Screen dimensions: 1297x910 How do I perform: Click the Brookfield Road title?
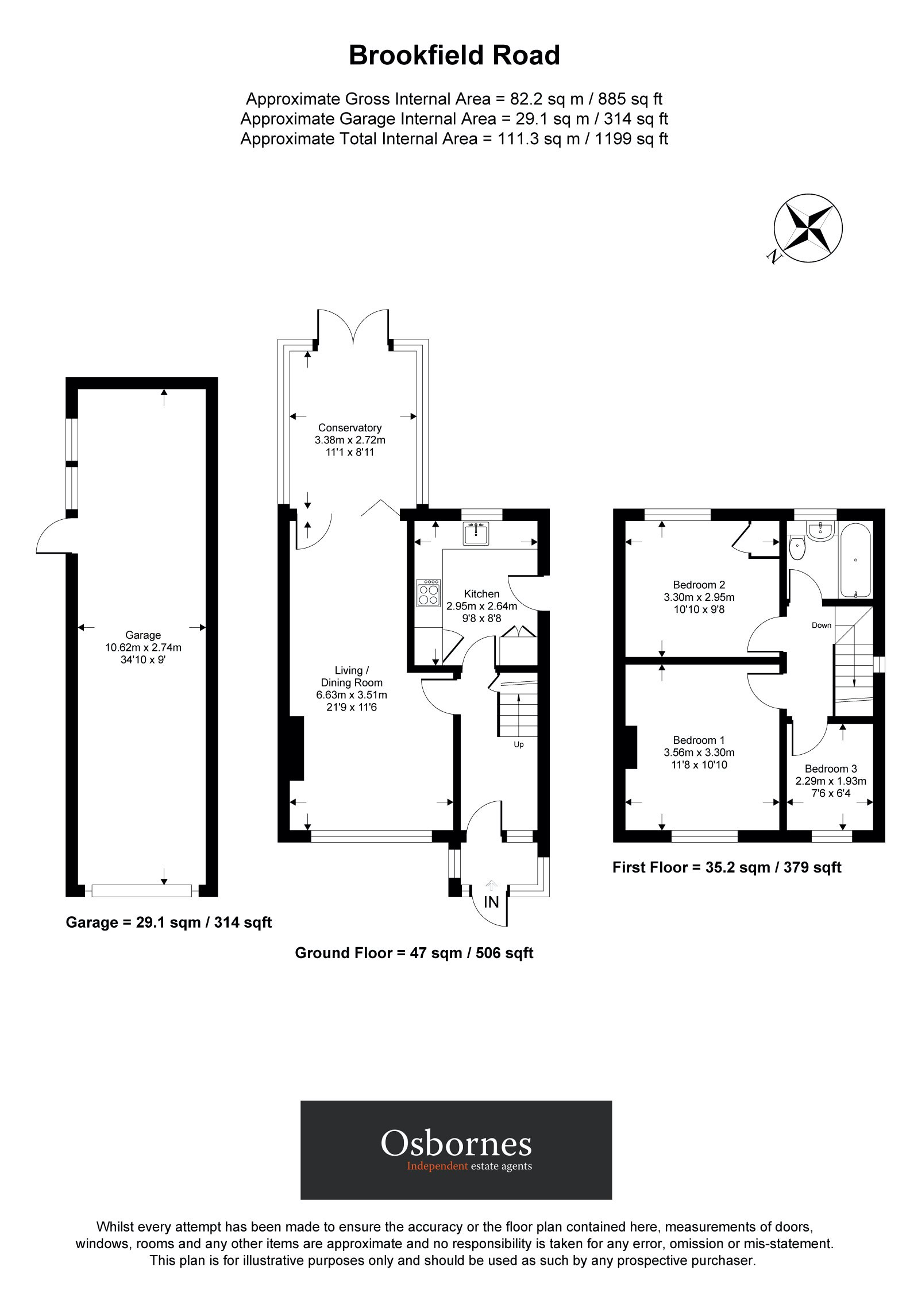[x=454, y=56]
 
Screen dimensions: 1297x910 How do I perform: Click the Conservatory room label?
[x=350, y=428]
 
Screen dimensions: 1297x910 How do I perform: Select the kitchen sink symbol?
[x=476, y=534]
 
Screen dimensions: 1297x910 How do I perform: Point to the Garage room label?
[x=143, y=635]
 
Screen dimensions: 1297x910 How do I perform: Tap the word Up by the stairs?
[x=518, y=744]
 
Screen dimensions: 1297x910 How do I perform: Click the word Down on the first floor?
[x=821, y=625]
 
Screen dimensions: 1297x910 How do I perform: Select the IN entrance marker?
[x=491, y=902]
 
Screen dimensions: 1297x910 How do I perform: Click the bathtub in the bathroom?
[x=855, y=560]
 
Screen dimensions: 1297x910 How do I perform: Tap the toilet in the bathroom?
[x=797, y=549]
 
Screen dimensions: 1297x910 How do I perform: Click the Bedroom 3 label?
[x=831, y=769]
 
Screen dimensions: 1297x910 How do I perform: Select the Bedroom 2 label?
[x=699, y=585]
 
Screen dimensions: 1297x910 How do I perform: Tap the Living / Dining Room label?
[x=349, y=677]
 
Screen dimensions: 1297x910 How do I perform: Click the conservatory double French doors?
[x=353, y=327]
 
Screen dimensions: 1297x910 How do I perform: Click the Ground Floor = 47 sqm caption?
[x=414, y=953]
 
